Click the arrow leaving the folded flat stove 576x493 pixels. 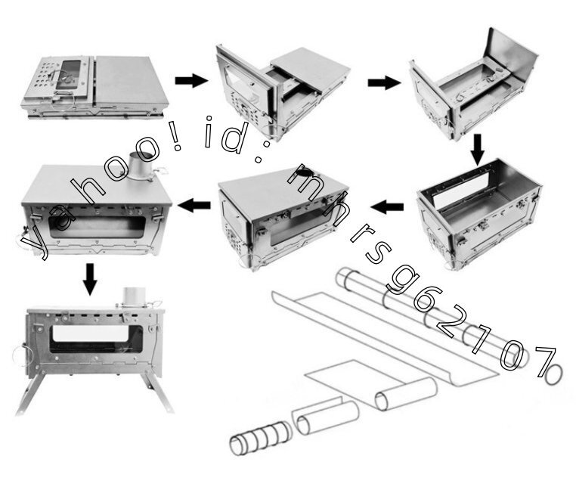pos(191,80)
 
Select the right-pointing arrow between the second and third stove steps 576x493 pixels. pos(384,82)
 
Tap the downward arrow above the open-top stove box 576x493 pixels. pos(478,150)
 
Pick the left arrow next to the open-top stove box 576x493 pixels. pos(387,207)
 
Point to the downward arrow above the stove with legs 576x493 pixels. pos(90,279)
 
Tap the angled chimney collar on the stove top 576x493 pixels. pos(141,166)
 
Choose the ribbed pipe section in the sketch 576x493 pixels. pos(259,438)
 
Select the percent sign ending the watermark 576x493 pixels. pos(549,364)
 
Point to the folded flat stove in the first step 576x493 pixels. pos(94,87)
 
